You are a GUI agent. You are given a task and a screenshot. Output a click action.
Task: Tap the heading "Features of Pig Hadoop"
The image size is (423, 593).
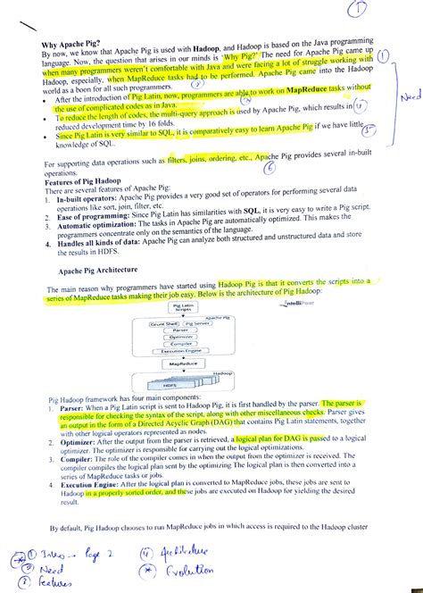point(86,181)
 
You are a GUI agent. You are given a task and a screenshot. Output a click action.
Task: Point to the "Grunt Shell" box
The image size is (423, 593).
point(163,322)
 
